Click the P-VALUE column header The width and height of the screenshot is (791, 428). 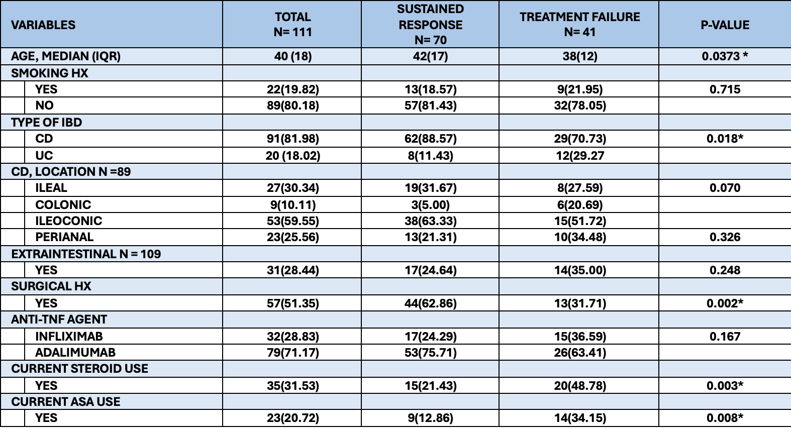click(x=725, y=25)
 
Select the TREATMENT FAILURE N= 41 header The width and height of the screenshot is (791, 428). click(x=579, y=24)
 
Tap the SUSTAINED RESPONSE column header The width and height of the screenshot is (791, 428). click(x=430, y=24)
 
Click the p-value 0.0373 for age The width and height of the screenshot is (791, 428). click(x=725, y=56)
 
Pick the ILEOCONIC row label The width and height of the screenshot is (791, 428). click(x=68, y=221)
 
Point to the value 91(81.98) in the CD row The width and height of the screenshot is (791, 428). click(x=293, y=139)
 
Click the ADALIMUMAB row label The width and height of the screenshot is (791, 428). click(x=75, y=352)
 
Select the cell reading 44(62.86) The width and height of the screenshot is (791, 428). click(x=430, y=303)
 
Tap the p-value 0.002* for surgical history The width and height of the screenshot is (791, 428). click(x=725, y=303)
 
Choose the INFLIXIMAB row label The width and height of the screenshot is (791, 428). click(x=69, y=336)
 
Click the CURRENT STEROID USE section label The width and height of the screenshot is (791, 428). click(x=79, y=368)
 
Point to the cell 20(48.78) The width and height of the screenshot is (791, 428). click(x=580, y=386)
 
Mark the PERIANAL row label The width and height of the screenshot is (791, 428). click(x=64, y=237)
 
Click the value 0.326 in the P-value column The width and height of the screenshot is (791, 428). click(x=725, y=237)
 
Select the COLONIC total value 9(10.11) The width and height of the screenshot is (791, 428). click(x=293, y=204)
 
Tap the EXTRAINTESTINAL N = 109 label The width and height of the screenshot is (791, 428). click(x=86, y=254)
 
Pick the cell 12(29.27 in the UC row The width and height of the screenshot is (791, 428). click(x=580, y=156)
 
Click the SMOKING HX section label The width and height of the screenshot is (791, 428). click(x=49, y=73)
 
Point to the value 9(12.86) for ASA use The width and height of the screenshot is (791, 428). click(x=430, y=418)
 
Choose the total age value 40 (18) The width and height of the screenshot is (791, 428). click(x=293, y=56)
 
